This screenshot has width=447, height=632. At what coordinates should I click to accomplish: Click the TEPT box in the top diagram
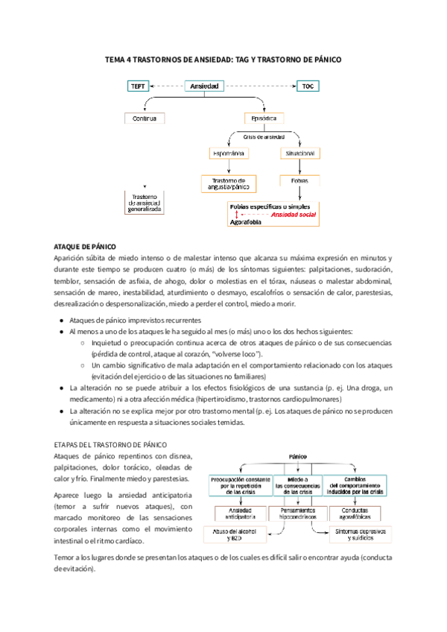139,86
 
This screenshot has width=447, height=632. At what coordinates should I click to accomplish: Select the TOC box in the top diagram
308,86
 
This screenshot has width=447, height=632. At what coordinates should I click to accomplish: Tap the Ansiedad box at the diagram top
204,86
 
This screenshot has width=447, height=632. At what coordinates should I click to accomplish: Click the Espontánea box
229,154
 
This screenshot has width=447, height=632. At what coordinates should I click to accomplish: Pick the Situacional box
299,154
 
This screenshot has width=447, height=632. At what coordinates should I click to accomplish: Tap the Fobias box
299,180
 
